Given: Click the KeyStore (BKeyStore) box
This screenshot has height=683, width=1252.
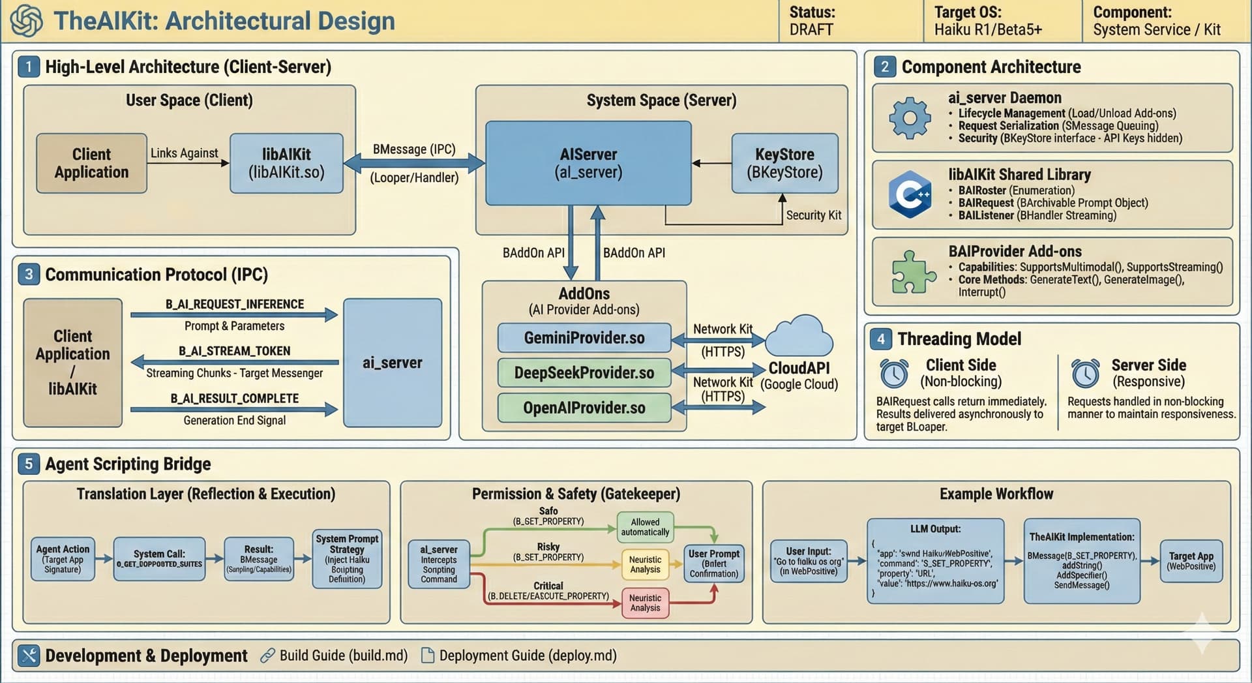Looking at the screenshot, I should [x=784, y=163].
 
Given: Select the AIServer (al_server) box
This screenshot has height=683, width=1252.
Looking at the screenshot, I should [x=588, y=163].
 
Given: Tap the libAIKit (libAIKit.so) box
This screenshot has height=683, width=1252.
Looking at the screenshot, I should [x=286, y=163].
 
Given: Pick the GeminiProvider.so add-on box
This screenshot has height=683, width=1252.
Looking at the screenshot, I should [x=584, y=338].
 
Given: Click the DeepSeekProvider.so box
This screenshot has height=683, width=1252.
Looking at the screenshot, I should [x=584, y=372].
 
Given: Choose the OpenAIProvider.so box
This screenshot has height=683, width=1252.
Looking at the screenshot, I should [x=584, y=408].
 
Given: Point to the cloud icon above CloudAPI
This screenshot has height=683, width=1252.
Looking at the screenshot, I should [x=799, y=336].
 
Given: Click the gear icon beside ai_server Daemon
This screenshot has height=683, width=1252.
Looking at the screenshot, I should [x=910, y=118].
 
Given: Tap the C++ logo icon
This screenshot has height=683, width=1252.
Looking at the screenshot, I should [x=910, y=194].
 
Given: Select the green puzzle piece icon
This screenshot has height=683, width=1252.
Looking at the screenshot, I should [x=913, y=271].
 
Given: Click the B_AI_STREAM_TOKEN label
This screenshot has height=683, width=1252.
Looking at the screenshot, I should [x=235, y=351].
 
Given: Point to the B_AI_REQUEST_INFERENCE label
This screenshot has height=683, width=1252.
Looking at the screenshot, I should [x=235, y=304].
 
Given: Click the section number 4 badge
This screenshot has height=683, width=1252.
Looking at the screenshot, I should [x=881, y=339].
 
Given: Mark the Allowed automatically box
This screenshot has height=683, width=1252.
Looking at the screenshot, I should [x=645, y=527].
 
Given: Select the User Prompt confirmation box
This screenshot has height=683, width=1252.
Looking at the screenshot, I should [x=714, y=564].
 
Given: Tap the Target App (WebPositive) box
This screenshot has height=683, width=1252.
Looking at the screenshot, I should [x=1191, y=561].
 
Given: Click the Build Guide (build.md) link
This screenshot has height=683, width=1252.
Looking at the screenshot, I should [x=343, y=655].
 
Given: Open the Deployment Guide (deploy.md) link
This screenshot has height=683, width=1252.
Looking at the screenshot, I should [x=528, y=655].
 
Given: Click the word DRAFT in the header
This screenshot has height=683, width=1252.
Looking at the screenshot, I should [x=811, y=29].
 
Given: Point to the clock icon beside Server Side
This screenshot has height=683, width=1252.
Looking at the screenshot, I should [x=1085, y=374].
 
